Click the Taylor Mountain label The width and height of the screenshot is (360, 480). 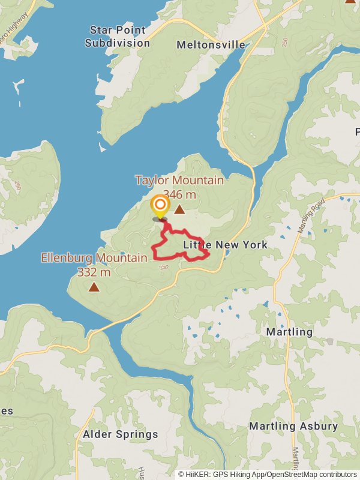179,180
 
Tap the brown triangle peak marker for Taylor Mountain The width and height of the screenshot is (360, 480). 179,209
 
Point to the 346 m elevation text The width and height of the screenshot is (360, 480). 179,194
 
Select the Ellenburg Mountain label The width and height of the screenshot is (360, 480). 94,258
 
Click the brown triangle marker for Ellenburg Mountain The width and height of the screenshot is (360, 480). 94,287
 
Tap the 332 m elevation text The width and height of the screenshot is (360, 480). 94,272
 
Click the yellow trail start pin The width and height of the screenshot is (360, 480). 160,207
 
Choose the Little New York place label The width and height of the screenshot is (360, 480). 225,245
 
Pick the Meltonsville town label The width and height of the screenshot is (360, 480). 211,45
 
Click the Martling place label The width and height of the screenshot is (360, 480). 289,332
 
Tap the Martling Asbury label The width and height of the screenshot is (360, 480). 293,427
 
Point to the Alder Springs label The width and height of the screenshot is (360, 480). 121,434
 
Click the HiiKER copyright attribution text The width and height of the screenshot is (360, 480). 268,475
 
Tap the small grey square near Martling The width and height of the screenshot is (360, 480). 329,341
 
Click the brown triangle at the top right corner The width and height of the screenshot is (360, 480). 350,1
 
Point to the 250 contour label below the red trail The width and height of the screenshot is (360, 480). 164,268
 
